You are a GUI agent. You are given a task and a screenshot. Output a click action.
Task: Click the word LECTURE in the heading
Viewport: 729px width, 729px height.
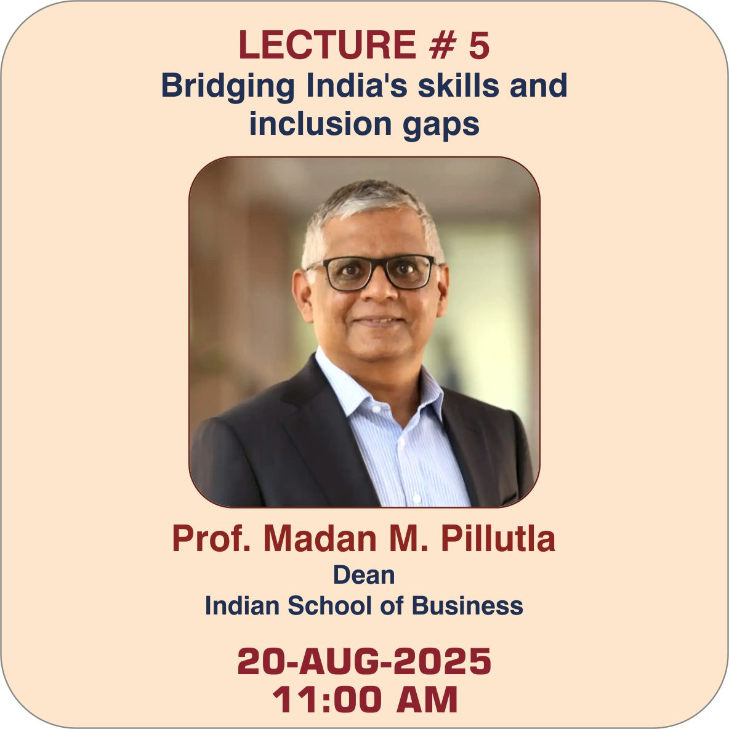click(x=328, y=44)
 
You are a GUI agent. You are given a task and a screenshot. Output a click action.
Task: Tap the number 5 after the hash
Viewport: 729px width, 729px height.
click(x=479, y=45)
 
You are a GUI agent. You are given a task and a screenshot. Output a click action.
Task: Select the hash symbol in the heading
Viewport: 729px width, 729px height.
click(x=442, y=45)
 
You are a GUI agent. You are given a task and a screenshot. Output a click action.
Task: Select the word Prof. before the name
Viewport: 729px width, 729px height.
click(x=212, y=538)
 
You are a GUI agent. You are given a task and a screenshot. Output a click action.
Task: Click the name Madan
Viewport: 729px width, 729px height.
click(x=320, y=538)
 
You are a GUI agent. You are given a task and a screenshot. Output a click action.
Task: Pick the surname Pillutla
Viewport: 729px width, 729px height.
click(x=498, y=538)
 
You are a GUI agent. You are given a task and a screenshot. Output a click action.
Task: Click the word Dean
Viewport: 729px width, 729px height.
click(x=364, y=575)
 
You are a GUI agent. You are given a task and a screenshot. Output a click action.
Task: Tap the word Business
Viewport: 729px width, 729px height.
click(x=467, y=606)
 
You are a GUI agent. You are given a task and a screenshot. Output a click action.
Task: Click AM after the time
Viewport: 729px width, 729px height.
click(x=427, y=699)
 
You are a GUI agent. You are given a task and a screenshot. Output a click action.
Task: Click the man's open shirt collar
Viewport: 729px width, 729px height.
click(x=377, y=386)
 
